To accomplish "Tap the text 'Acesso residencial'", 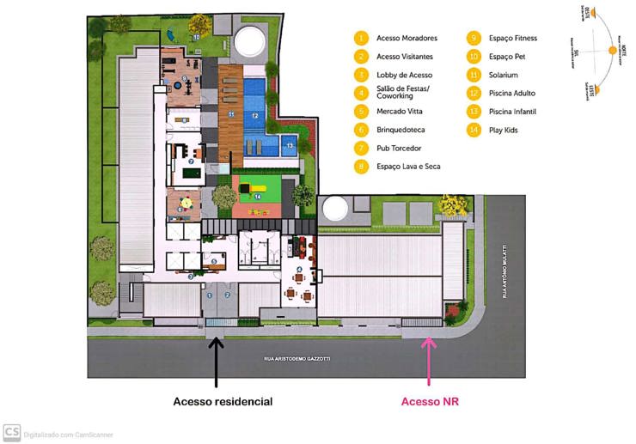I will click(x=223, y=401).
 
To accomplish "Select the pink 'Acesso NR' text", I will click(x=430, y=401).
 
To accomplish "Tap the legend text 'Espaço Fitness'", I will click(x=514, y=39).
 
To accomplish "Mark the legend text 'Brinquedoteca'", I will click(x=403, y=130).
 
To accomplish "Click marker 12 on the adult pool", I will click(x=255, y=114).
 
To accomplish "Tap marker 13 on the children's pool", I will click(x=290, y=146).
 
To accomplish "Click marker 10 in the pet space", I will click(x=196, y=38).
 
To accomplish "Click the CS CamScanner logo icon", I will click(x=11, y=432).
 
